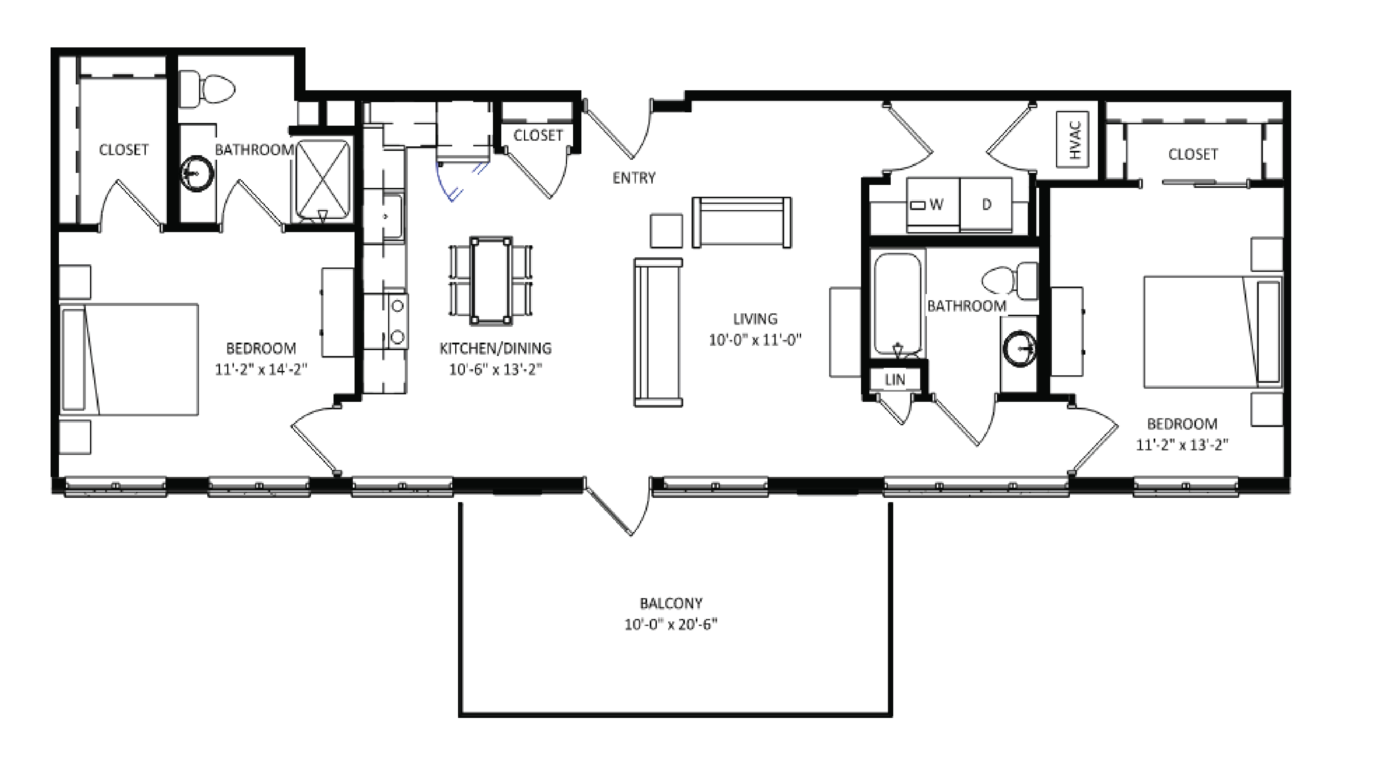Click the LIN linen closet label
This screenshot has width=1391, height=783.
pos(895,380)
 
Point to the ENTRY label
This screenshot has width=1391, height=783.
pos(634,178)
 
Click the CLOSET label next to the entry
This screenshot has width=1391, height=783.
pos(538,136)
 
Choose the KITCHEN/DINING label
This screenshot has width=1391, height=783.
pos(495,348)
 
